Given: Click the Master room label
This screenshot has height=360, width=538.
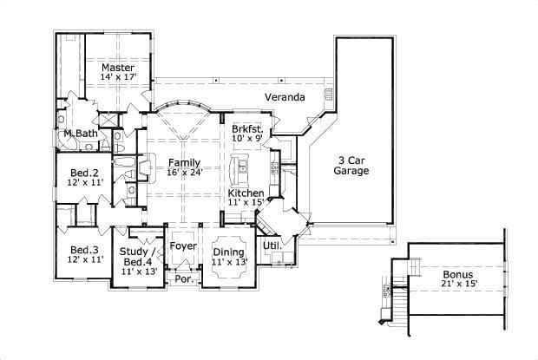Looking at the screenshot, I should click(117, 67).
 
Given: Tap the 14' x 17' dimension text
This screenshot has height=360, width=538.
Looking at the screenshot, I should click(117, 77).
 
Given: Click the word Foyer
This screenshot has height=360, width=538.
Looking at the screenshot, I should click(183, 245).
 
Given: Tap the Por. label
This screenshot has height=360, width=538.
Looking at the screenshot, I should click(183, 279).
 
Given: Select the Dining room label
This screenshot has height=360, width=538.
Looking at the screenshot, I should click(229, 252).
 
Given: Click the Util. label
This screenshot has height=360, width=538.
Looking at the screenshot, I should click(272, 245).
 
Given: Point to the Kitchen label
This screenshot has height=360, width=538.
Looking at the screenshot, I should click(246, 192).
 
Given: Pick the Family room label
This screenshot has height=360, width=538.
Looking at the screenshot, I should click(185, 162).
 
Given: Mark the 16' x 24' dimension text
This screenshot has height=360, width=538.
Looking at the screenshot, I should click(185, 173).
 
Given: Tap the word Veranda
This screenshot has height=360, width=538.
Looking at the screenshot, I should click(284, 97).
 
